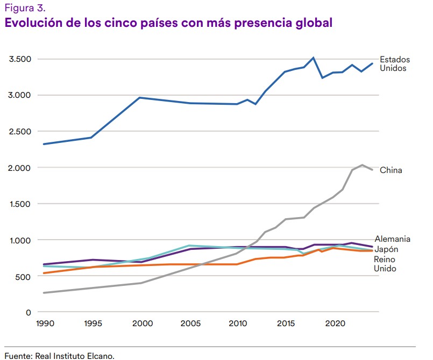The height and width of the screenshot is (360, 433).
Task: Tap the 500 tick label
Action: pyautogui.click(x=25, y=277)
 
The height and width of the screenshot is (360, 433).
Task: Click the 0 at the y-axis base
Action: pyautogui.click(x=29, y=313)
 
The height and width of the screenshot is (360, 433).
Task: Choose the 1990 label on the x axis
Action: pyautogui.click(x=44, y=325)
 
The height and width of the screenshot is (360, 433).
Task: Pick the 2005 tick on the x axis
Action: pyautogui.click(x=190, y=325)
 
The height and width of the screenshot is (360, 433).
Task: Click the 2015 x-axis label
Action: pyautogui.click(x=286, y=325)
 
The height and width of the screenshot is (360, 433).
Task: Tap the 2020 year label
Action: pyautogui.click(x=335, y=325)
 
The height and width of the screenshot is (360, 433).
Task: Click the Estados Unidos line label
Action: pyautogui.click(x=395, y=64)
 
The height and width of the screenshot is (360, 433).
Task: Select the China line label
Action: pyautogui.click(x=391, y=170)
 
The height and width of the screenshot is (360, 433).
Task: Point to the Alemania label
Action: pyautogui.click(x=393, y=239)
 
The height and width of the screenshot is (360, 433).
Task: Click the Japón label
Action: pyautogui.click(x=386, y=249)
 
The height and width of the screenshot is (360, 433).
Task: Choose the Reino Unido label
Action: pyautogui.click(x=385, y=264)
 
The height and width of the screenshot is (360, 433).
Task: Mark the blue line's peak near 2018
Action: pyautogui.click(x=313, y=57)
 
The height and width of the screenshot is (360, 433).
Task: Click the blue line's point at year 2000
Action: pyautogui.click(x=140, y=98)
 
